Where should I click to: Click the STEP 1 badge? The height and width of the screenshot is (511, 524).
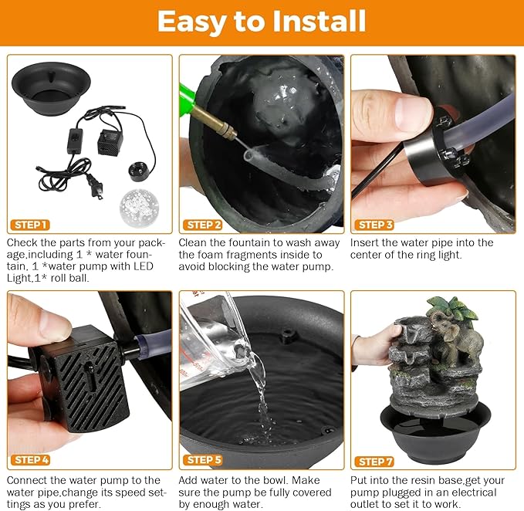[x=30, y=225]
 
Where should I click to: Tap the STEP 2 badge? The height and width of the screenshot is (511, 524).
[x=202, y=225]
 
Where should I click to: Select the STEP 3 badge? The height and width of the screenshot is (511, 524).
[x=374, y=225]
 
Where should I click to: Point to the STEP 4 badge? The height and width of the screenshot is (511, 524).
[x=30, y=460]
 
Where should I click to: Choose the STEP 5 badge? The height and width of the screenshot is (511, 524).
[x=202, y=460]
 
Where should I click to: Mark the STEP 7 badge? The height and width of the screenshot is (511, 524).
[x=374, y=462]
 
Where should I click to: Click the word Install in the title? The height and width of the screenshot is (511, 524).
[x=319, y=21]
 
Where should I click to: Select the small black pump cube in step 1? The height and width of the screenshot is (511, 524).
[x=110, y=142]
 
